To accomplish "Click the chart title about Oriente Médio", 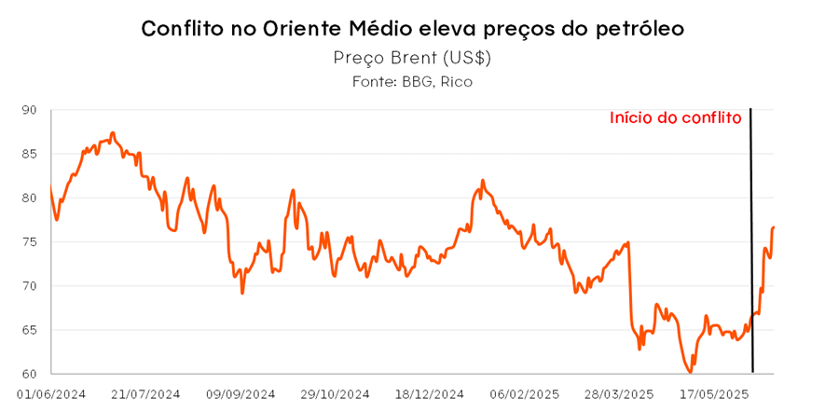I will (x=412, y=28).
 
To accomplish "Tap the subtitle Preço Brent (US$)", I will (x=412, y=58).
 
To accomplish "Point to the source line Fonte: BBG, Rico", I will (x=412, y=82).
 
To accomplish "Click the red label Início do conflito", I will (x=675, y=118).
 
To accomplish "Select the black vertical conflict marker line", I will (x=751, y=242).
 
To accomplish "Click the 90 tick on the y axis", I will (x=29, y=110).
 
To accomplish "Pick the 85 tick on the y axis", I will (x=29, y=154).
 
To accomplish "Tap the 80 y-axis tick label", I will (x=29, y=198).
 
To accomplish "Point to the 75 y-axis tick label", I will (x=29, y=241).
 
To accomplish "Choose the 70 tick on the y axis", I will (x=29, y=286).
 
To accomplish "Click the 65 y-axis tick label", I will (x=29, y=330).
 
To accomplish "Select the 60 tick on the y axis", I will (x=29, y=374).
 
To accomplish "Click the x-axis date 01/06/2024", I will (x=50, y=394).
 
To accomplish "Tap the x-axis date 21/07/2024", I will (x=145, y=394).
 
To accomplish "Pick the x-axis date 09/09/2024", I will (x=240, y=394).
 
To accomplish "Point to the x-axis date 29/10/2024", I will (x=335, y=394).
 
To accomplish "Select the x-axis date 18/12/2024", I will (x=429, y=394).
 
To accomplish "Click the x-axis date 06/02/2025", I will (x=524, y=394).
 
